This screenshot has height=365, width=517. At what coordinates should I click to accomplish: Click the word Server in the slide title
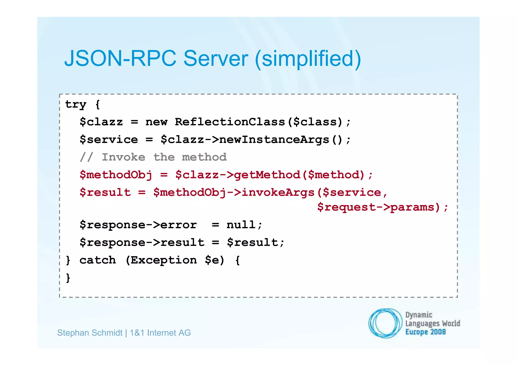coord(216,59)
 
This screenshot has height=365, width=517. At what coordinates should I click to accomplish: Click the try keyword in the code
coord(76,104)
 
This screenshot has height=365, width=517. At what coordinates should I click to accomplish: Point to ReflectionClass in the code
coord(230,122)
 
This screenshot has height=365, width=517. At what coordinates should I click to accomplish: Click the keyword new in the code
coord(156,122)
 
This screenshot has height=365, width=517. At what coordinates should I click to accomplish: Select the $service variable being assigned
coord(109,140)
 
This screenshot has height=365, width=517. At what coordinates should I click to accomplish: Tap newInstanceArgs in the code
coord(274,140)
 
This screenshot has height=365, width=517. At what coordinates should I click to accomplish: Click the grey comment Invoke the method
coord(164,157)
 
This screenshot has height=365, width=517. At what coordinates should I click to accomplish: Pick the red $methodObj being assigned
coord(116,175)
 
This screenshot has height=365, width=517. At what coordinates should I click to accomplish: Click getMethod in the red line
coord(267,175)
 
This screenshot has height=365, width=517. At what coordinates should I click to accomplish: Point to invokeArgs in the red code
coord(278,192)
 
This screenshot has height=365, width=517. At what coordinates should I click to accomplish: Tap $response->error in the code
coord(138,225)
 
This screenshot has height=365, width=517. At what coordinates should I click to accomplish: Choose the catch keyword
coord(98,260)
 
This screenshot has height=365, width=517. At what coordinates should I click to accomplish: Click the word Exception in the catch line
coord(164,260)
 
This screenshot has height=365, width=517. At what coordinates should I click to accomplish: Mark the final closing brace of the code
coord(68,278)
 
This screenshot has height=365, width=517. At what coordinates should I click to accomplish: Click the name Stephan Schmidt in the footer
coord(90,333)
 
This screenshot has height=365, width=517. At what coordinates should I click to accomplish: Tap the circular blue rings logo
coord(385,323)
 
